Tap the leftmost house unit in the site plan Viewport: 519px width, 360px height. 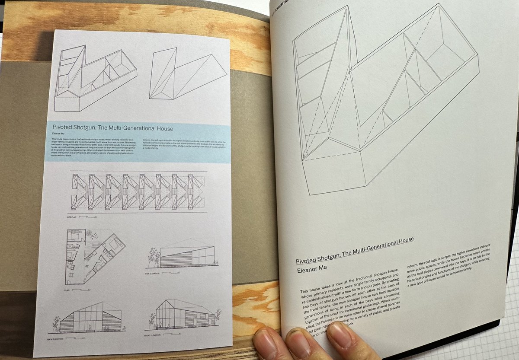point(77,190)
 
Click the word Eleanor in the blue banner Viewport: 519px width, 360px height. point(55,134)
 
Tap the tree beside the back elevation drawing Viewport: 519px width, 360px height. point(56,325)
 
